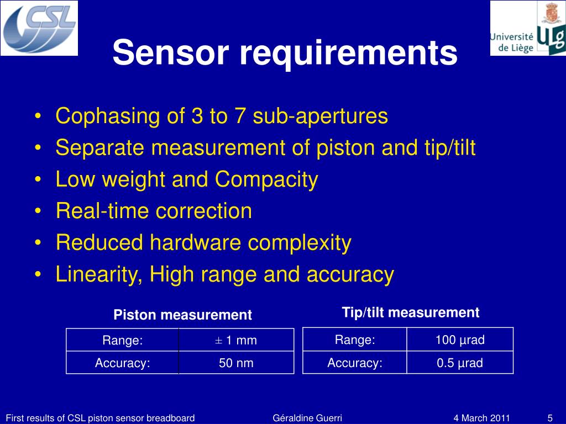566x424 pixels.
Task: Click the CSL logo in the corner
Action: click(39, 27)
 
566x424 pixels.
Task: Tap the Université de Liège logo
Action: click(528, 28)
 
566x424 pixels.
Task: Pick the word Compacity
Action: click(267, 179)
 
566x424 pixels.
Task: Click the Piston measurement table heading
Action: click(182, 315)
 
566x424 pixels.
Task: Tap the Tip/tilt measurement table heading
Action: click(411, 312)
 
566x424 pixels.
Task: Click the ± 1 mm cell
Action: click(236, 340)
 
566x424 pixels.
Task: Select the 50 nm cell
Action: click(236, 363)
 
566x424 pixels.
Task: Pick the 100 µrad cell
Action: click(460, 340)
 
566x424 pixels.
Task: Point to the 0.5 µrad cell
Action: click(460, 363)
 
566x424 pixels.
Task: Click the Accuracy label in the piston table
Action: click(123, 363)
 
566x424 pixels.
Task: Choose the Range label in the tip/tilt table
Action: click(355, 340)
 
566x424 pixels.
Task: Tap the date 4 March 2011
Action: click(481, 418)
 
